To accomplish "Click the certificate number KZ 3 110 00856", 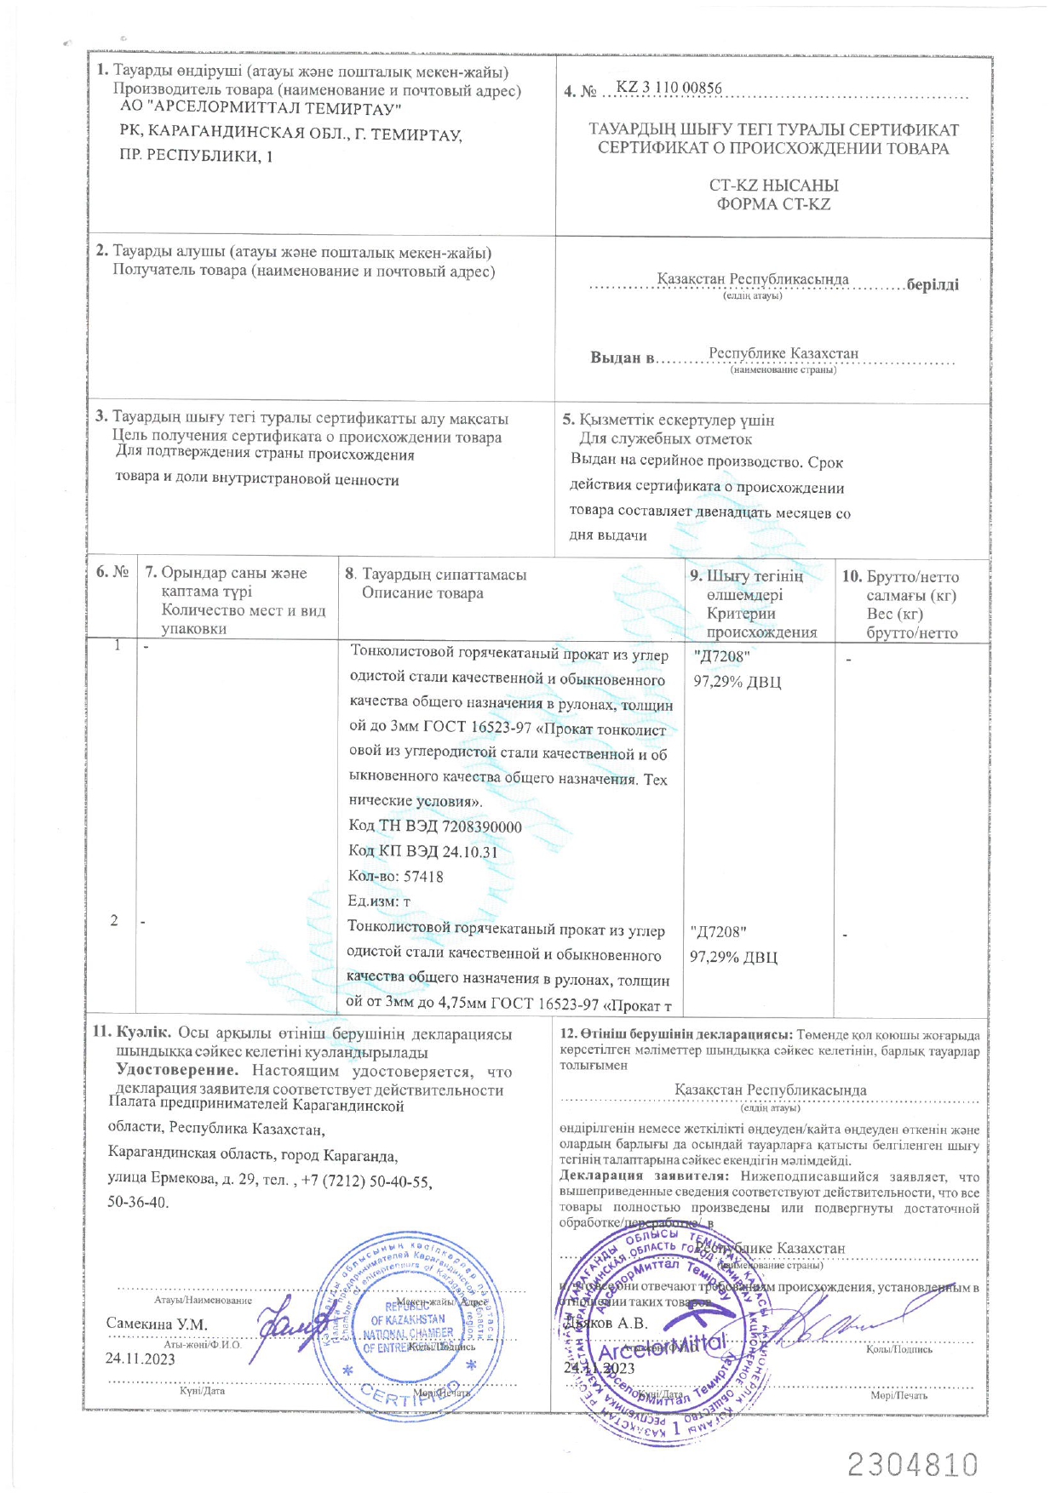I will (x=669, y=89).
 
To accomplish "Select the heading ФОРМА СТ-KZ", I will (x=772, y=204).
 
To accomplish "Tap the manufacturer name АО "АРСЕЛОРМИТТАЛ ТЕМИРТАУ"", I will (x=261, y=109).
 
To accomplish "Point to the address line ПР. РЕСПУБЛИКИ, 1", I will (x=197, y=156).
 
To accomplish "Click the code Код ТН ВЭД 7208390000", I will (x=435, y=827).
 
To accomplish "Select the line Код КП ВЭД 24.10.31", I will (x=423, y=851).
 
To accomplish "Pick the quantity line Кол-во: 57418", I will (x=396, y=876).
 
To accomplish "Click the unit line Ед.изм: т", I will (x=379, y=901).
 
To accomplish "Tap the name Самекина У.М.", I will (x=157, y=1324).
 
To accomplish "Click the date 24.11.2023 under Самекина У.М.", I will (x=141, y=1358).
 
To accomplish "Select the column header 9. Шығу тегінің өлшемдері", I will (x=754, y=586).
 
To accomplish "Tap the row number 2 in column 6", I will (x=114, y=920).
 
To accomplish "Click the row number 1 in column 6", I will (x=117, y=645).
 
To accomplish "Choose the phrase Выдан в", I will (x=623, y=358).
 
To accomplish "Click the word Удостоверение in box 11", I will (x=176, y=1071).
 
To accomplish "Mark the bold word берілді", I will (x=933, y=284).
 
